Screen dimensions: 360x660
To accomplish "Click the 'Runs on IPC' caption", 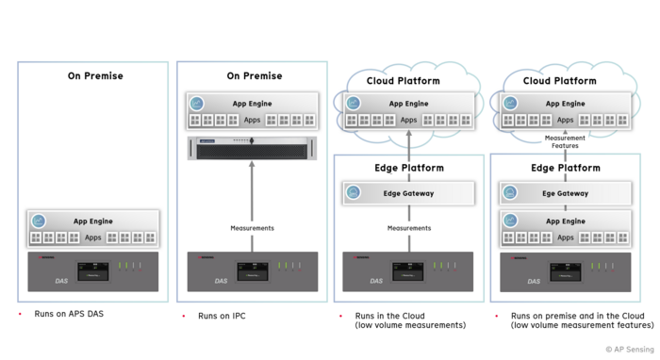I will [222, 316].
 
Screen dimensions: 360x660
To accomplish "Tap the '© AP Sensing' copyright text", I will [628, 350].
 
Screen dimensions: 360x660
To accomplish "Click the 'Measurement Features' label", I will [565, 141].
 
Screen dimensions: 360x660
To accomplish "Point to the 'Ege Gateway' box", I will [565, 193].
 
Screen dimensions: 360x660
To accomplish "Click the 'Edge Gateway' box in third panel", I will [408, 193].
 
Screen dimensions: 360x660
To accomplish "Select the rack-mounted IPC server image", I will [252, 147].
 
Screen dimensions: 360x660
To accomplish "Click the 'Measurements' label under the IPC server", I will [252, 228].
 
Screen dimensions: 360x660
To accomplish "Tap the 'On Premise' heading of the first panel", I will [94, 75].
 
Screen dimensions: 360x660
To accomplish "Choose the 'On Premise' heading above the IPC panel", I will [254, 75].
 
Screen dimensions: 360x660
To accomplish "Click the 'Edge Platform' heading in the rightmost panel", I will [565, 168].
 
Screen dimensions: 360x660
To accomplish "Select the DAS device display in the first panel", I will [92, 271].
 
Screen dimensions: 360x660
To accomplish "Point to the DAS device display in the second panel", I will [252, 271].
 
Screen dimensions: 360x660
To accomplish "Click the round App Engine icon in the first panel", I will [39, 221].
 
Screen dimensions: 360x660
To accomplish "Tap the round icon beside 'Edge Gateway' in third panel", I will [353, 193].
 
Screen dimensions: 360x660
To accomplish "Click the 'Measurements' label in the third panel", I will [408, 228].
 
